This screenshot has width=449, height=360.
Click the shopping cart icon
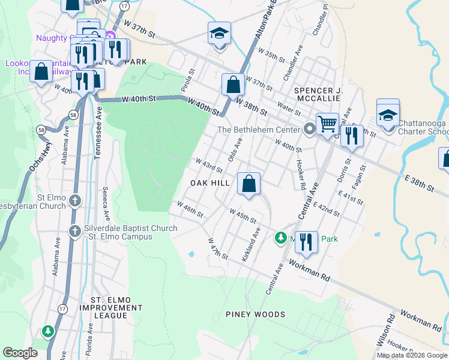pyautogui.click(x=327, y=125)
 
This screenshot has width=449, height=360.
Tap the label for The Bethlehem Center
pyautogui.click(x=259, y=129)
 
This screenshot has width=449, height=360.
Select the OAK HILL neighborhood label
pyautogui.click(x=210, y=182)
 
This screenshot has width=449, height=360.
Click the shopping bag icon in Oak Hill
pyautogui.click(x=249, y=183)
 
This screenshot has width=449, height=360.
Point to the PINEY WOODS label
pyautogui.click(x=255, y=314)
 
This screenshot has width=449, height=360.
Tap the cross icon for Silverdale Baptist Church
pyautogui.click(x=74, y=231)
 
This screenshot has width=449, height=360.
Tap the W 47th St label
pyautogui.click(x=217, y=248)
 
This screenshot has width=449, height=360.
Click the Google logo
pyautogui.click(x=20, y=353)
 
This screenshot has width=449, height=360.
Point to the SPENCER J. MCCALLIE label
pyautogui.click(x=318, y=95)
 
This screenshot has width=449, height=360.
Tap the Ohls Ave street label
pyautogui.click(x=234, y=148)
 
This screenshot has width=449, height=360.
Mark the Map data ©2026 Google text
pyautogui.click(x=412, y=355)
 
